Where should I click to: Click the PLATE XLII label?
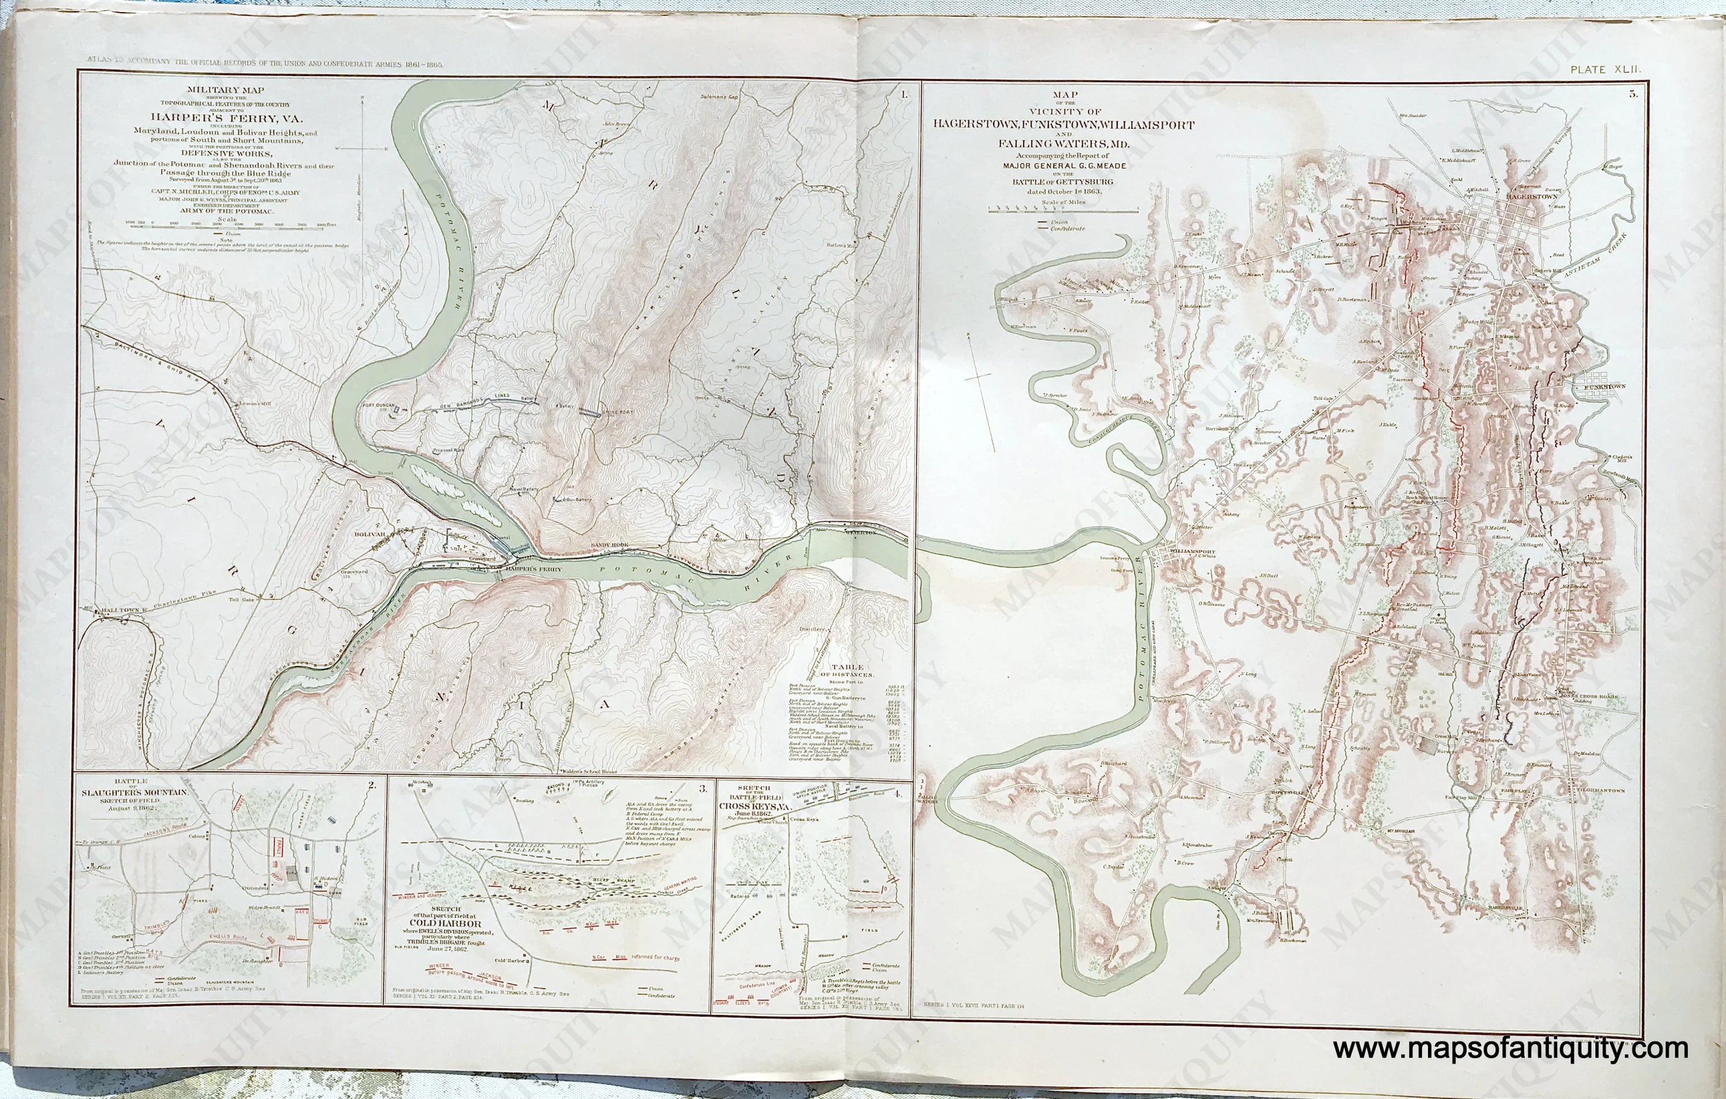tap(1600, 70)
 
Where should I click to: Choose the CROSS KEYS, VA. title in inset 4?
tap(760, 802)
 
